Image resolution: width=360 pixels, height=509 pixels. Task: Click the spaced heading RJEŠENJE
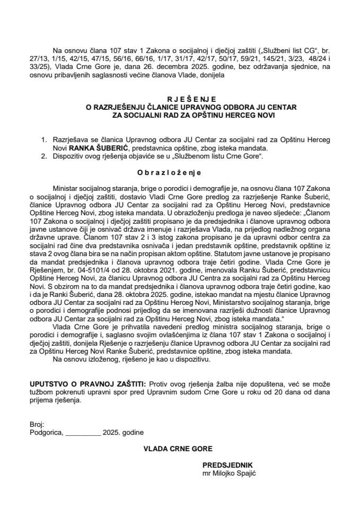(180, 99)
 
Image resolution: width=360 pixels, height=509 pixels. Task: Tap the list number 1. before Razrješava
(45, 141)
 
